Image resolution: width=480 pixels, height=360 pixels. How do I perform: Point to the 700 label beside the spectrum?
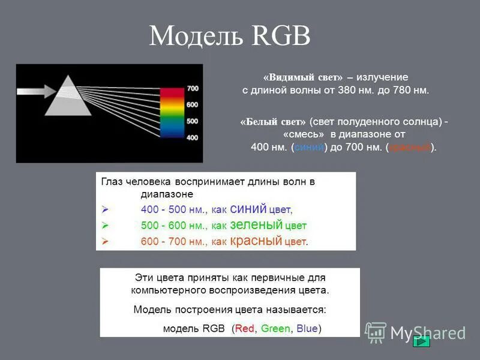(x=193, y=88)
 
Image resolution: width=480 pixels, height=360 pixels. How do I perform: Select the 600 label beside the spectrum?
(x=193, y=105)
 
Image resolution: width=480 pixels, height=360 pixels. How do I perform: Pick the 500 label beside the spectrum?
(x=193, y=121)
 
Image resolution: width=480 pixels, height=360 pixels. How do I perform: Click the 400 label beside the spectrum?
(x=193, y=137)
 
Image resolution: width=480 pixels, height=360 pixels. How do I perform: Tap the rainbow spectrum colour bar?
(x=172, y=113)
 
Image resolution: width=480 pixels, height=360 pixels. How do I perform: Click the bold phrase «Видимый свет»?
(x=303, y=78)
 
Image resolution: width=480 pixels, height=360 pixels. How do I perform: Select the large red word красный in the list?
(x=256, y=241)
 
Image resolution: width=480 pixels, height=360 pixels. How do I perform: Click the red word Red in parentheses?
(x=245, y=329)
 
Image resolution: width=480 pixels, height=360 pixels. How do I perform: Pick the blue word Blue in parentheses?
(x=307, y=329)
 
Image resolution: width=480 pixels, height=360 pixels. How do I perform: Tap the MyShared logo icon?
(x=376, y=332)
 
